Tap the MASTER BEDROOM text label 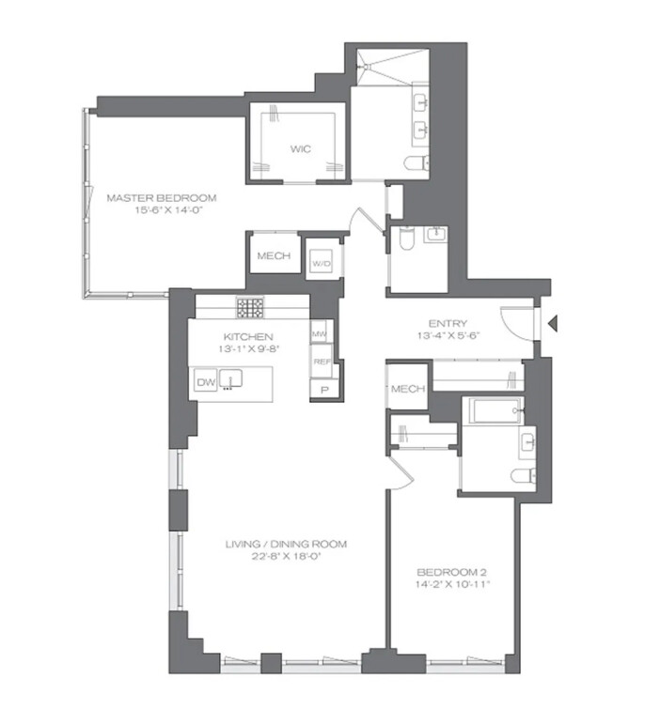tap(162, 198)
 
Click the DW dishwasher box tap(206, 381)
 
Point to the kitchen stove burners tap(251, 306)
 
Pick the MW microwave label tap(320, 333)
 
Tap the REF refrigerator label tap(321, 361)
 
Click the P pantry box tap(324, 389)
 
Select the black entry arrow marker tap(554, 325)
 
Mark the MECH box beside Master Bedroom tap(273, 256)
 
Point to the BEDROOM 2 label tap(452, 572)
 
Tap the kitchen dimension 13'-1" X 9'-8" tap(248, 349)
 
